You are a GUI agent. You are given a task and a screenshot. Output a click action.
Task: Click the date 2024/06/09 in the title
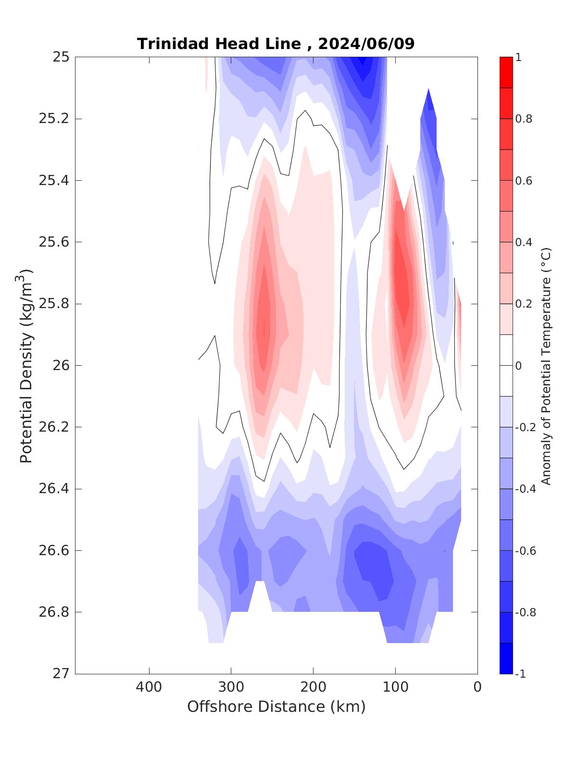(366, 44)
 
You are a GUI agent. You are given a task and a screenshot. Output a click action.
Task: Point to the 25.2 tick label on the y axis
(53, 119)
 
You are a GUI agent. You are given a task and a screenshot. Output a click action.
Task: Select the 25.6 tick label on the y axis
(53, 242)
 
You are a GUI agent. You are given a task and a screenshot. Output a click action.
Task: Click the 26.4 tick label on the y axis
(53, 489)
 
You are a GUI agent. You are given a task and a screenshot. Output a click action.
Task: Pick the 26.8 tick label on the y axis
(53, 612)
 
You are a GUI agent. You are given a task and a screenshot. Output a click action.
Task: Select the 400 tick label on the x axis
(149, 687)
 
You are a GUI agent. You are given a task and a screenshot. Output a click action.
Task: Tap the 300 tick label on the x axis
(231, 687)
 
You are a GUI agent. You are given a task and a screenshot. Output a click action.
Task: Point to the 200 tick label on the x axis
(314, 687)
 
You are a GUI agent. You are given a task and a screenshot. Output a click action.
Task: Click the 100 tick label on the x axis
(395, 687)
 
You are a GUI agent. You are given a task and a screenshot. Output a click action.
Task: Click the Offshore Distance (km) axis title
(276, 707)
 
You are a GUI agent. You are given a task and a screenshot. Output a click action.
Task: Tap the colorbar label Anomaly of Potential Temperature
(546, 366)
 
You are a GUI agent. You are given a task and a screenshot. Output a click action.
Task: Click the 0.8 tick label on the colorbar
(524, 119)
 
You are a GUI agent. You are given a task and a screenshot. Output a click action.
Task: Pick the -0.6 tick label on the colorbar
(526, 551)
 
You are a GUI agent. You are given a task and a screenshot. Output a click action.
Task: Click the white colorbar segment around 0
(506, 365)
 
